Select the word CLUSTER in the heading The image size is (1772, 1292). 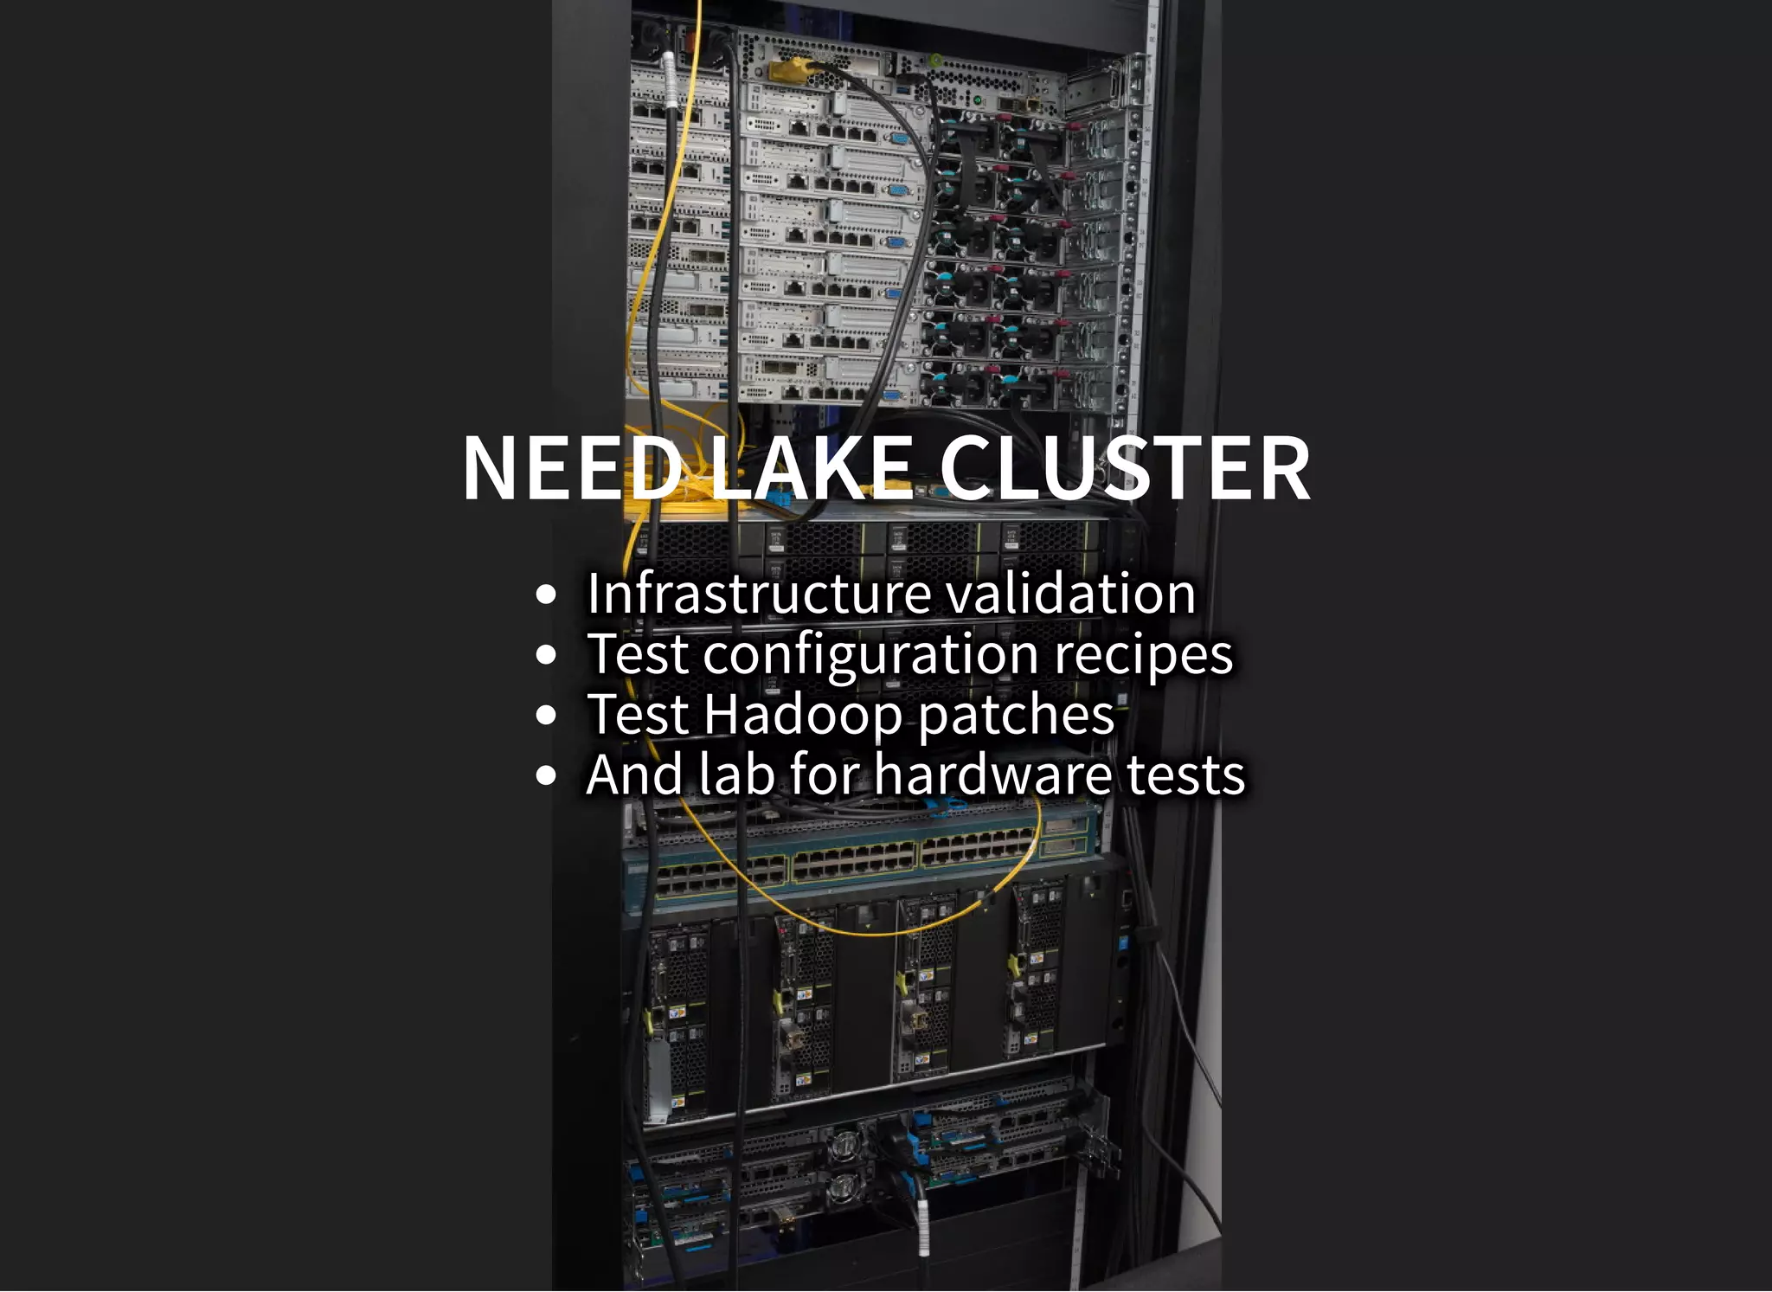1124,468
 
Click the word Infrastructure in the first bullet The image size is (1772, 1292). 759,594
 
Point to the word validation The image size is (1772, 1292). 1071,594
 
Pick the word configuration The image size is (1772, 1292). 870,655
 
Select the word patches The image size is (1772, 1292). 1016,717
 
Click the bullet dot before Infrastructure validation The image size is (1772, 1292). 545,595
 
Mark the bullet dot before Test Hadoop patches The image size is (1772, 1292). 545,716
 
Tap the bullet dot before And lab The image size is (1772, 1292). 545,775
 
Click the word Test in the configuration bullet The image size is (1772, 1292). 638,654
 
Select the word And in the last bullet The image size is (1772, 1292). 636,775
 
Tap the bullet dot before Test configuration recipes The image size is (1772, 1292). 545,655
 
